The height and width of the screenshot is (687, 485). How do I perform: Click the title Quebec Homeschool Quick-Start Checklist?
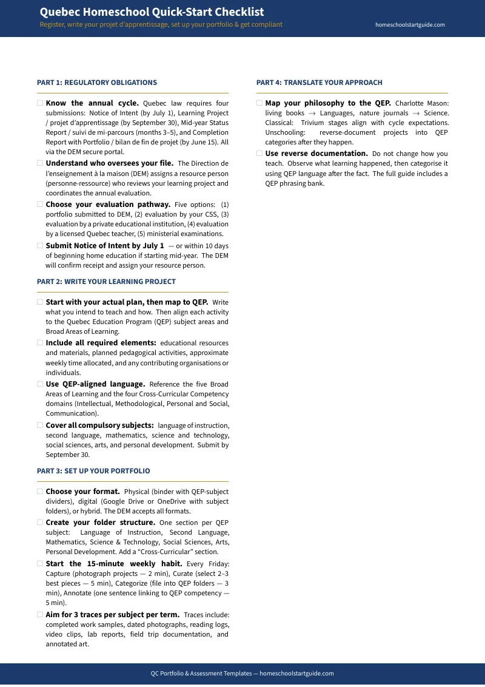click(152, 12)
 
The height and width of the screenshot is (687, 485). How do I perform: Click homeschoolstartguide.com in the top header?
click(410, 25)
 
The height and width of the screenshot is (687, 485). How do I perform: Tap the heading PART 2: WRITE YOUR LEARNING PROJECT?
click(106, 282)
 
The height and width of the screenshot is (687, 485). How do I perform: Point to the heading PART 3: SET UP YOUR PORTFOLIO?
click(93, 471)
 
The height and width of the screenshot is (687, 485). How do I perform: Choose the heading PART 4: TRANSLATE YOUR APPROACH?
click(319, 83)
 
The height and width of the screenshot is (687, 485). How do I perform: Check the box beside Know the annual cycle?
click(40, 103)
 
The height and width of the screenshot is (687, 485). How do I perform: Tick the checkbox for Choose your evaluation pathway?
click(40, 205)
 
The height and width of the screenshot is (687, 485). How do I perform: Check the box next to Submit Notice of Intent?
click(40, 246)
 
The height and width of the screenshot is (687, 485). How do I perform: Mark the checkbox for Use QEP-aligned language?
click(40, 384)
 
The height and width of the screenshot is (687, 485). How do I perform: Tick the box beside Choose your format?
click(40, 492)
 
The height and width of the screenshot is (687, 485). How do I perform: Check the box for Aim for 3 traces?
click(40, 615)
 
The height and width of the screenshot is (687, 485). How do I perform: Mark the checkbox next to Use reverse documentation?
click(259, 154)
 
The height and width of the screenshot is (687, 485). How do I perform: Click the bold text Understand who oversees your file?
click(110, 163)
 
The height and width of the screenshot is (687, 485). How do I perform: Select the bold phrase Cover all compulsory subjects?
click(99, 425)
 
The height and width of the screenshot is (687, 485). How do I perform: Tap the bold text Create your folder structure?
click(101, 523)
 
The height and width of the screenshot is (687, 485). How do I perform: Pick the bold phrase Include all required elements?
click(101, 343)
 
